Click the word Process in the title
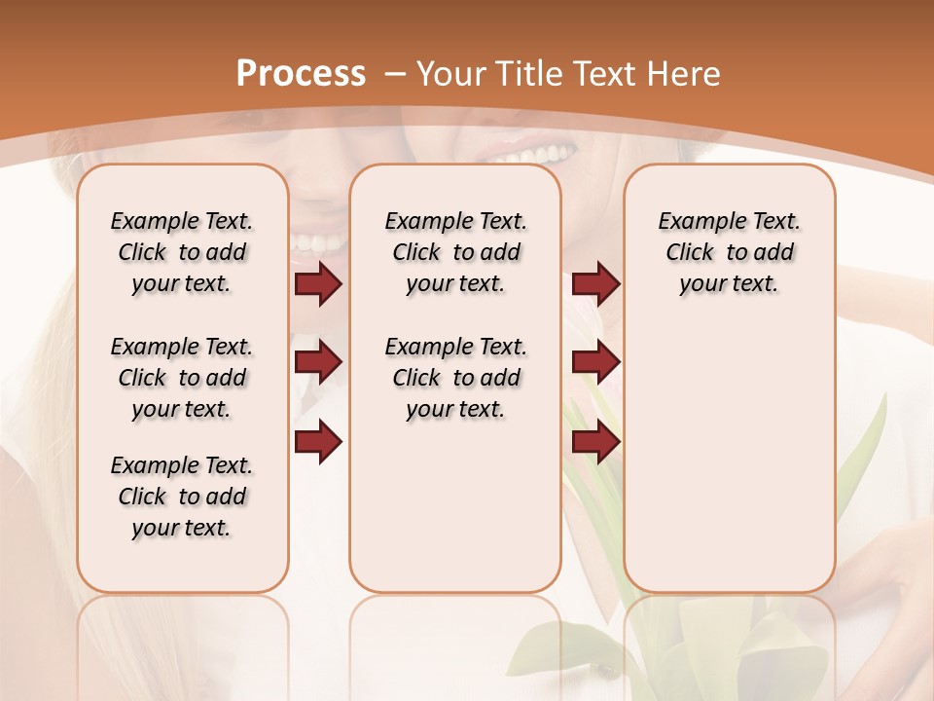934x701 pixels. [x=301, y=74]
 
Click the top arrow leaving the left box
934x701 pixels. [x=318, y=283]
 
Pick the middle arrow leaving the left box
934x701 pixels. [x=318, y=362]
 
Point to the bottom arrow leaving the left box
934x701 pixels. [x=318, y=441]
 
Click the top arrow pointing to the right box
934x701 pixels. [x=595, y=283]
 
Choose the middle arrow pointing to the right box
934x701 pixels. [x=595, y=362]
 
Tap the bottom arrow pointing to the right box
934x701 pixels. [x=595, y=441]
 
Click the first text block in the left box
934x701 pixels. [x=182, y=252]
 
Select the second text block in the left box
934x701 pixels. [x=182, y=378]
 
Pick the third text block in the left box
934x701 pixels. [x=182, y=497]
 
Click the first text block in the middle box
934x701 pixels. [x=456, y=252]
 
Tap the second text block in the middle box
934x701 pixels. [x=456, y=378]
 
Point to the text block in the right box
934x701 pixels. [x=730, y=252]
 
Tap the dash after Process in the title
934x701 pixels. [x=395, y=74]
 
